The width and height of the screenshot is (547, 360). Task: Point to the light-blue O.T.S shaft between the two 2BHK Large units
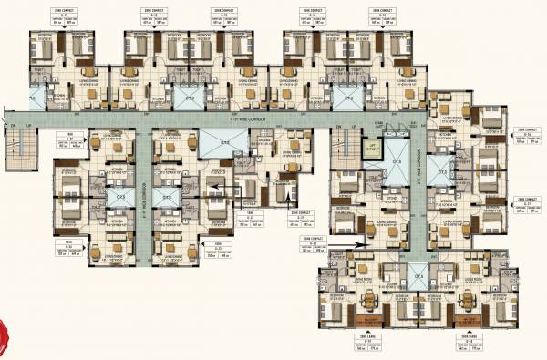pos(418,277)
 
